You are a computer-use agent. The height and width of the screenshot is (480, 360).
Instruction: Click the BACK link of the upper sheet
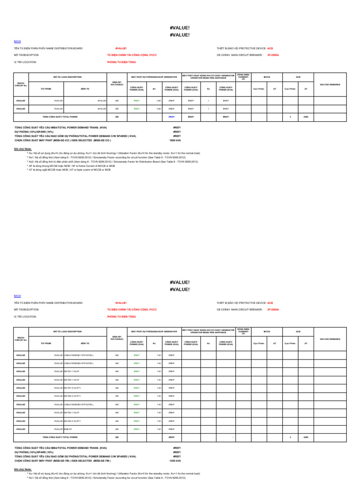click(17, 42)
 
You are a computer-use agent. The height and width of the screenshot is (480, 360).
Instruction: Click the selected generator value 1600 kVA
click(175, 140)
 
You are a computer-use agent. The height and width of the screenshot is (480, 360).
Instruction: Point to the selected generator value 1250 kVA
click(175, 460)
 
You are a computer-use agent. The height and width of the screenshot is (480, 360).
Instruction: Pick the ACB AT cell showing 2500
click(306, 116)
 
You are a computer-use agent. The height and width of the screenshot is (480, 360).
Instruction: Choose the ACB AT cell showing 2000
click(306, 437)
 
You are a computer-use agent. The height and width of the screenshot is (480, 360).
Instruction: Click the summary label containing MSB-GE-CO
click(63, 140)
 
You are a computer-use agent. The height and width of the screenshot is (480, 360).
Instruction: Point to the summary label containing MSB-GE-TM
click(63, 460)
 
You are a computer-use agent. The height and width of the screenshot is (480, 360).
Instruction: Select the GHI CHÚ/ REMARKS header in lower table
click(330, 338)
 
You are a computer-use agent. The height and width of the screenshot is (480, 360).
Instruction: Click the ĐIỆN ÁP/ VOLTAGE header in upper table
click(117, 84)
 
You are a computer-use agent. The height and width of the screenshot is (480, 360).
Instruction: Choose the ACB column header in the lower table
click(298, 331)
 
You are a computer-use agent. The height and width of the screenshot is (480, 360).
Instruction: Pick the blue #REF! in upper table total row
click(172, 116)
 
